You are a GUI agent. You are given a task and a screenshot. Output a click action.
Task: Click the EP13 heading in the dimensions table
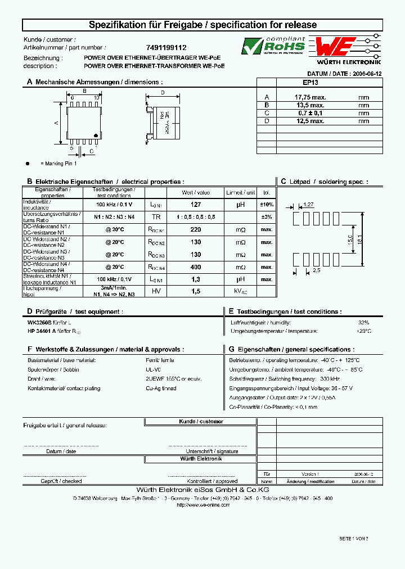pyautogui.click(x=310, y=82)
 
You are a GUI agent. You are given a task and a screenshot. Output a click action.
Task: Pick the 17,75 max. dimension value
pyautogui.click(x=310, y=97)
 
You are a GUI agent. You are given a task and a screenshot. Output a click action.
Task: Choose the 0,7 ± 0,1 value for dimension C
pyautogui.click(x=309, y=113)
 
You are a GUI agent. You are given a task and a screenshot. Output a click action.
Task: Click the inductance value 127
pyautogui.click(x=196, y=205)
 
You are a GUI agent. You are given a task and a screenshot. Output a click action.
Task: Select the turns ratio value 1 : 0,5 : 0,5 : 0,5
pyautogui.click(x=196, y=216)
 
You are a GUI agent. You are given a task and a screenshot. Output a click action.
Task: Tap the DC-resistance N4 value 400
pyautogui.click(x=196, y=267)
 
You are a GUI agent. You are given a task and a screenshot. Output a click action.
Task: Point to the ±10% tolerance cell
pyautogui.click(x=267, y=205)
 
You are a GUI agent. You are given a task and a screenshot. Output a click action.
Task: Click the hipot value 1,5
pyautogui.click(x=196, y=291)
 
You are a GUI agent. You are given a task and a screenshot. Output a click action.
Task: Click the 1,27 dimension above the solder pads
pyautogui.click(x=308, y=205)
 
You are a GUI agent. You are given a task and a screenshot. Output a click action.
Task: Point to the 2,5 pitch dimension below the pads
pyautogui.click(x=316, y=271)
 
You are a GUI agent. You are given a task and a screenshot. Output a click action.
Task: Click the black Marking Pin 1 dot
pyautogui.click(x=28, y=163)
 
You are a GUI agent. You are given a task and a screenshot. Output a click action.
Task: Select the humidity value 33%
pyautogui.click(x=364, y=322)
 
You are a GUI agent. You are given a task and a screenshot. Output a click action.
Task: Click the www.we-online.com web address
pyautogui.click(x=203, y=505)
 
